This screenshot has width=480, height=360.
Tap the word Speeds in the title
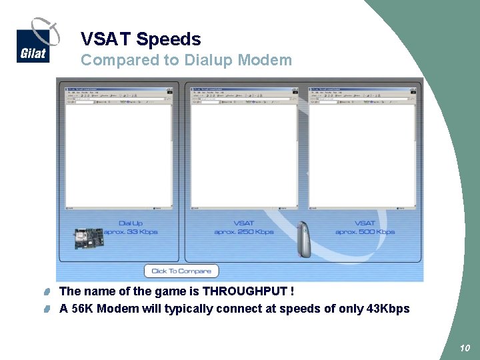click(169, 39)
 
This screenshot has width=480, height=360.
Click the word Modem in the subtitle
click(265, 60)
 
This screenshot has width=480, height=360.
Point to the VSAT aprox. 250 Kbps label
click(244, 227)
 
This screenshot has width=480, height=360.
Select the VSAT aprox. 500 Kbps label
click(365, 227)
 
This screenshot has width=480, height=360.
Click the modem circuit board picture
click(89, 237)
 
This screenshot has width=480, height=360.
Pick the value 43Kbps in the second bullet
click(388, 309)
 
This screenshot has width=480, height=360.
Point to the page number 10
click(465, 348)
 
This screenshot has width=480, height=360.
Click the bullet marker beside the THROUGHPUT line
click(49, 292)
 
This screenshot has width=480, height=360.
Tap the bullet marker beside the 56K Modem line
click(49, 309)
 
